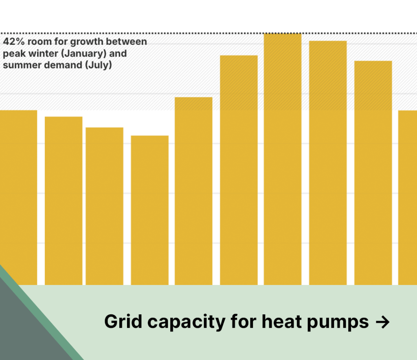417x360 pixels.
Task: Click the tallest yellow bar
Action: [283, 159]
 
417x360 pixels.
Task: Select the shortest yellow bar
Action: [149, 210]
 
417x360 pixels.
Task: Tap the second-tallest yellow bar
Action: [328, 163]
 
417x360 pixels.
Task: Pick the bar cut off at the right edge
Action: [407, 198]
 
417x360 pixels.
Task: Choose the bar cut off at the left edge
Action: [18, 198]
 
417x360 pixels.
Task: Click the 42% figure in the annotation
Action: [13, 42]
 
